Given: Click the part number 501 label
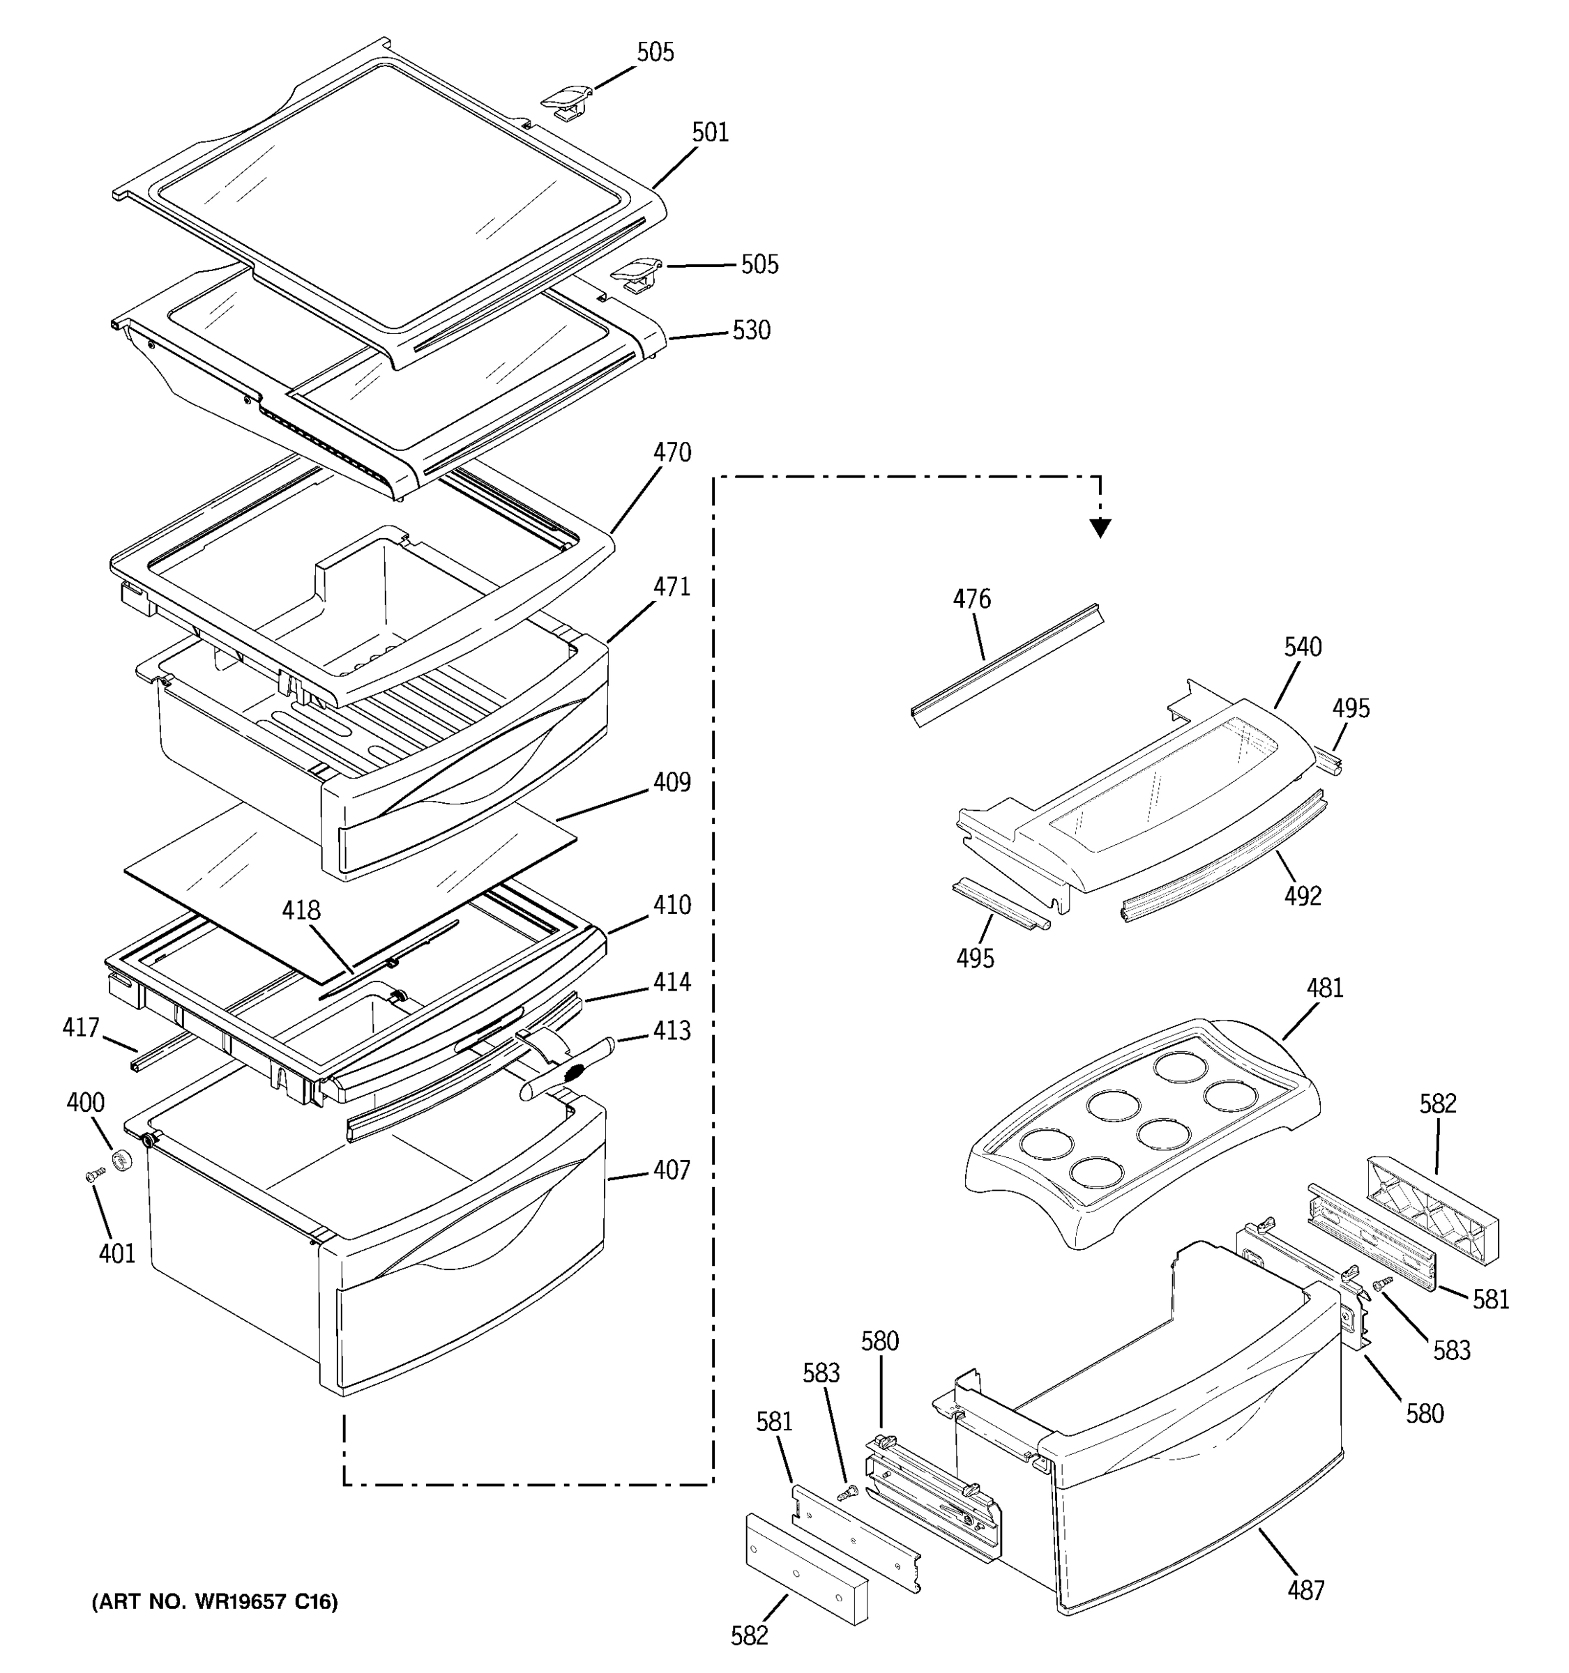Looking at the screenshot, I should tap(710, 132).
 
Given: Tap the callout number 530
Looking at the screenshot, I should tap(751, 330).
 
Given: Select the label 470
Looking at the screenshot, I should tap(672, 452).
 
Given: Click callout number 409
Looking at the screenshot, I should tap(672, 783).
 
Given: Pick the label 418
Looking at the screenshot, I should tap(301, 910).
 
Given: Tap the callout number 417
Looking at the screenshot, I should tap(81, 1028).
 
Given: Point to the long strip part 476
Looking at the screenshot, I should tap(1006, 665).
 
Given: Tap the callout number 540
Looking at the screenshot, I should tap(1302, 647).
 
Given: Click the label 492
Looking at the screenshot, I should tap(1302, 896).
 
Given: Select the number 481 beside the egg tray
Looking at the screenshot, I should tap(1325, 988).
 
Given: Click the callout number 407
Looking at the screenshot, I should tap(672, 1170).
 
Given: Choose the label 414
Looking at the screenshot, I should tap(672, 982).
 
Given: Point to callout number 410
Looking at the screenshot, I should tap(672, 906).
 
